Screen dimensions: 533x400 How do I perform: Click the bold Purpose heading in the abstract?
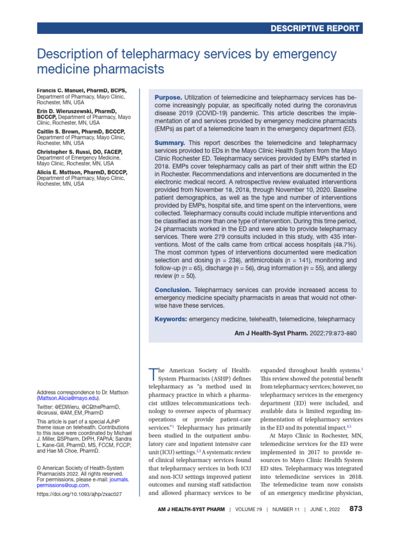point(168,98)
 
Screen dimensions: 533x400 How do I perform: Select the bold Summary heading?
point(170,143)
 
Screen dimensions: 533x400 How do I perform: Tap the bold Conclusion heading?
point(173,290)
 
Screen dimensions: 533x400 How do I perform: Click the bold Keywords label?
point(171,319)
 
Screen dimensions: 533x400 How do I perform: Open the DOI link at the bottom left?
point(79,494)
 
